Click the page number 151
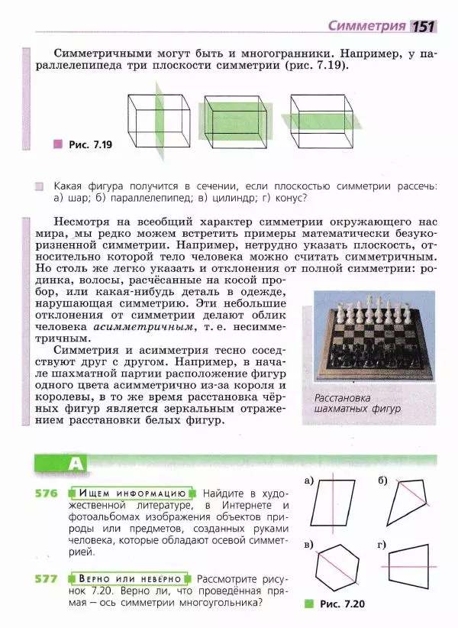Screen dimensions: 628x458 click(x=424, y=26)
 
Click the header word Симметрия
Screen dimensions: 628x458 click(x=366, y=25)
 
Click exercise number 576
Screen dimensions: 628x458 click(x=47, y=493)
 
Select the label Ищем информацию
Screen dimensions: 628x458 click(x=133, y=493)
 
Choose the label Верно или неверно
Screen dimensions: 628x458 click(x=133, y=578)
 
